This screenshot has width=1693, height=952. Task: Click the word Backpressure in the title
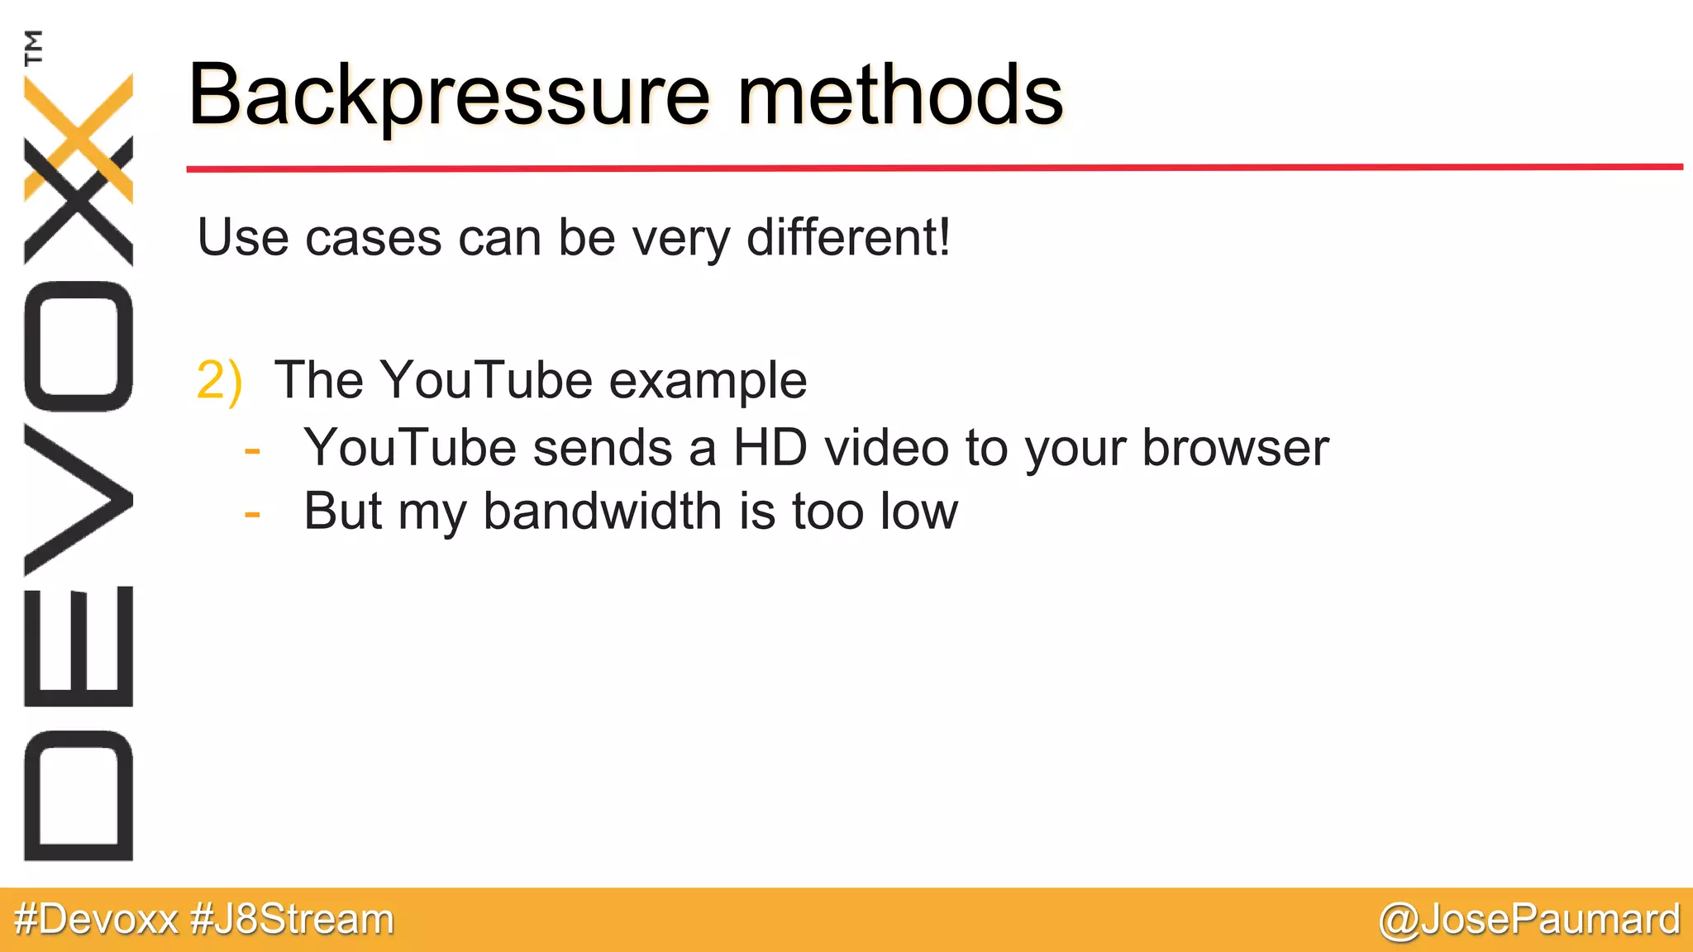click(x=449, y=97)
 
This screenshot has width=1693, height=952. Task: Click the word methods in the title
click(x=899, y=97)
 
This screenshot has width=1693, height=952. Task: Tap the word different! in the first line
click(x=848, y=238)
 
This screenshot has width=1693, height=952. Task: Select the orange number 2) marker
click(x=219, y=380)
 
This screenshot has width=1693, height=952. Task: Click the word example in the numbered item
click(x=708, y=382)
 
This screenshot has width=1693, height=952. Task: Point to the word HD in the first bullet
click(x=770, y=448)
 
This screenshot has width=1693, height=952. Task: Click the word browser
click(x=1235, y=448)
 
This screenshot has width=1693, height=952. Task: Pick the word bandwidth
click(x=603, y=511)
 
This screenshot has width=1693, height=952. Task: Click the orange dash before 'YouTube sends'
click(x=253, y=451)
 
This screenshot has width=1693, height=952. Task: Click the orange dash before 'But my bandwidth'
click(x=253, y=514)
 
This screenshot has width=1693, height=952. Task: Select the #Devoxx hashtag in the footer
click(x=96, y=920)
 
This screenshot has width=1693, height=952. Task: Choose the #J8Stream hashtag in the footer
click(x=292, y=920)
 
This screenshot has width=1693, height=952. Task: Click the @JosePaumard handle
click(x=1528, y=920)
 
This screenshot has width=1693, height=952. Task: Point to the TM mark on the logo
click(x=33, y=47)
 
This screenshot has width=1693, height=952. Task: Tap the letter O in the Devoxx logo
click(x=79, y=346)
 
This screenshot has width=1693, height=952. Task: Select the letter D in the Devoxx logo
click(x=79, y=796)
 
